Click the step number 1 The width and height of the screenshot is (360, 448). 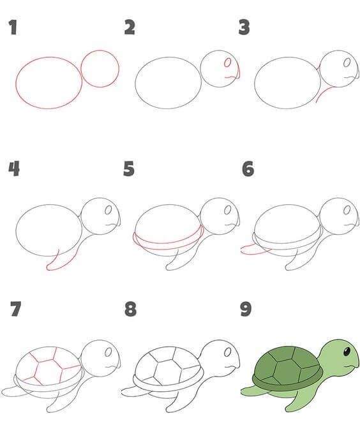click(13, 27)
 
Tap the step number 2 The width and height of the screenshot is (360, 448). click(130, 27)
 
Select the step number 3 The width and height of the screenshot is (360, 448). click(244, 27)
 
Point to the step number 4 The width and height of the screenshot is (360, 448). click(14, 168)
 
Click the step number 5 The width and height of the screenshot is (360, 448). click(129, 168)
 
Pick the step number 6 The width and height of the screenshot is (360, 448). click(248, 168)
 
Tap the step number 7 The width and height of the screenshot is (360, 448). click(16, 309)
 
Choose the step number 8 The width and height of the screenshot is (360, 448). click(131, 309)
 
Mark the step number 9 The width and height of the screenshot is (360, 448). click(246, 309)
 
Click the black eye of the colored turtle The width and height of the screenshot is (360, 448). click(347, 352)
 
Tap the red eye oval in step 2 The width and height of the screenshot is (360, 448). click(228, 63)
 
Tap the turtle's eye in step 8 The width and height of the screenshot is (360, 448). click(228, 352)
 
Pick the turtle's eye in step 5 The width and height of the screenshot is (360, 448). click(228, 210)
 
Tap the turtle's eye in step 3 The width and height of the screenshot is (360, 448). click(347, 63)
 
